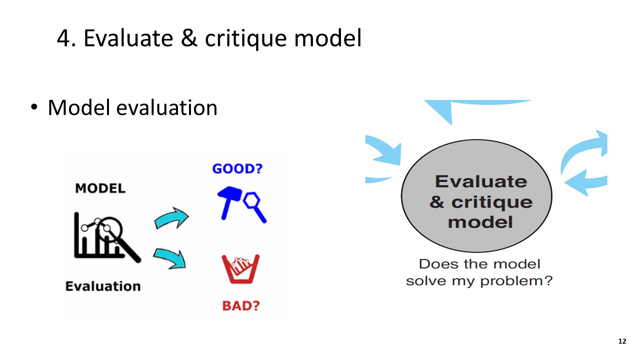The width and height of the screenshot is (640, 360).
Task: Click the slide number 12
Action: click(622, 341)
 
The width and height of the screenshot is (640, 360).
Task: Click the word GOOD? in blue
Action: click(237, 169)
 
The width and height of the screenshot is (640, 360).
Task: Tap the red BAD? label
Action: click(241, 305)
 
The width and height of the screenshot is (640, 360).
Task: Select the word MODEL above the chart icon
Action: click(100, 188)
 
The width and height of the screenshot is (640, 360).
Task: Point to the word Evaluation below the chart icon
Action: click(103, 286)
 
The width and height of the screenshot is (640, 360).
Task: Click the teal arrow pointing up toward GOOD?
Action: click(171, 219)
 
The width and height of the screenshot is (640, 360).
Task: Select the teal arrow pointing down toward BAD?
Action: click(170, 258)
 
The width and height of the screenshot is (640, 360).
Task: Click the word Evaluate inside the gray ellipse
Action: click(481, 182)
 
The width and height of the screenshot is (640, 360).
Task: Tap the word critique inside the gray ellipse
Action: click(492, 203)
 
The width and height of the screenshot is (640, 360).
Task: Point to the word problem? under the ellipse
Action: click(516, 281)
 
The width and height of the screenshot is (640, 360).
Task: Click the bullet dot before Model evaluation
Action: click(34, 107)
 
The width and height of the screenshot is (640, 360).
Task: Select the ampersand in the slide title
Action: click(189, 38)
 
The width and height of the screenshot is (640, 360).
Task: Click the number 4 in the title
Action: click(64, 38)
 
